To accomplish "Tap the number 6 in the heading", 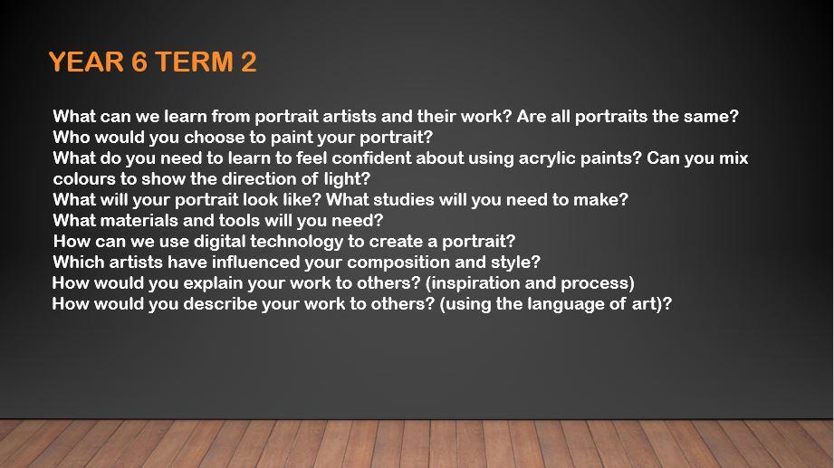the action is pos(139,62).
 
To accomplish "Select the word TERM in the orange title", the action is pos(194,62).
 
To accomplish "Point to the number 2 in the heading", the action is pos(248,62).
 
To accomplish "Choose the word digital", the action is pos(219,242).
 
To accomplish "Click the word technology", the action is pos(297,242).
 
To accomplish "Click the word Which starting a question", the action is pos(79,262).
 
